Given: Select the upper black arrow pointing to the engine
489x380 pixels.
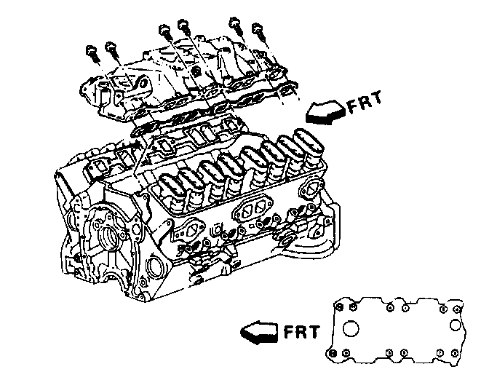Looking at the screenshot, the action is pos(325,111).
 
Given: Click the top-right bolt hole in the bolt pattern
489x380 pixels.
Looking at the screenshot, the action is pos(455,307).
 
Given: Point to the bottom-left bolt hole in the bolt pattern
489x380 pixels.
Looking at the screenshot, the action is pos(333,353).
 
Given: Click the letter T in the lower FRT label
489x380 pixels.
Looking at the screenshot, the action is pos(314,334).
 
